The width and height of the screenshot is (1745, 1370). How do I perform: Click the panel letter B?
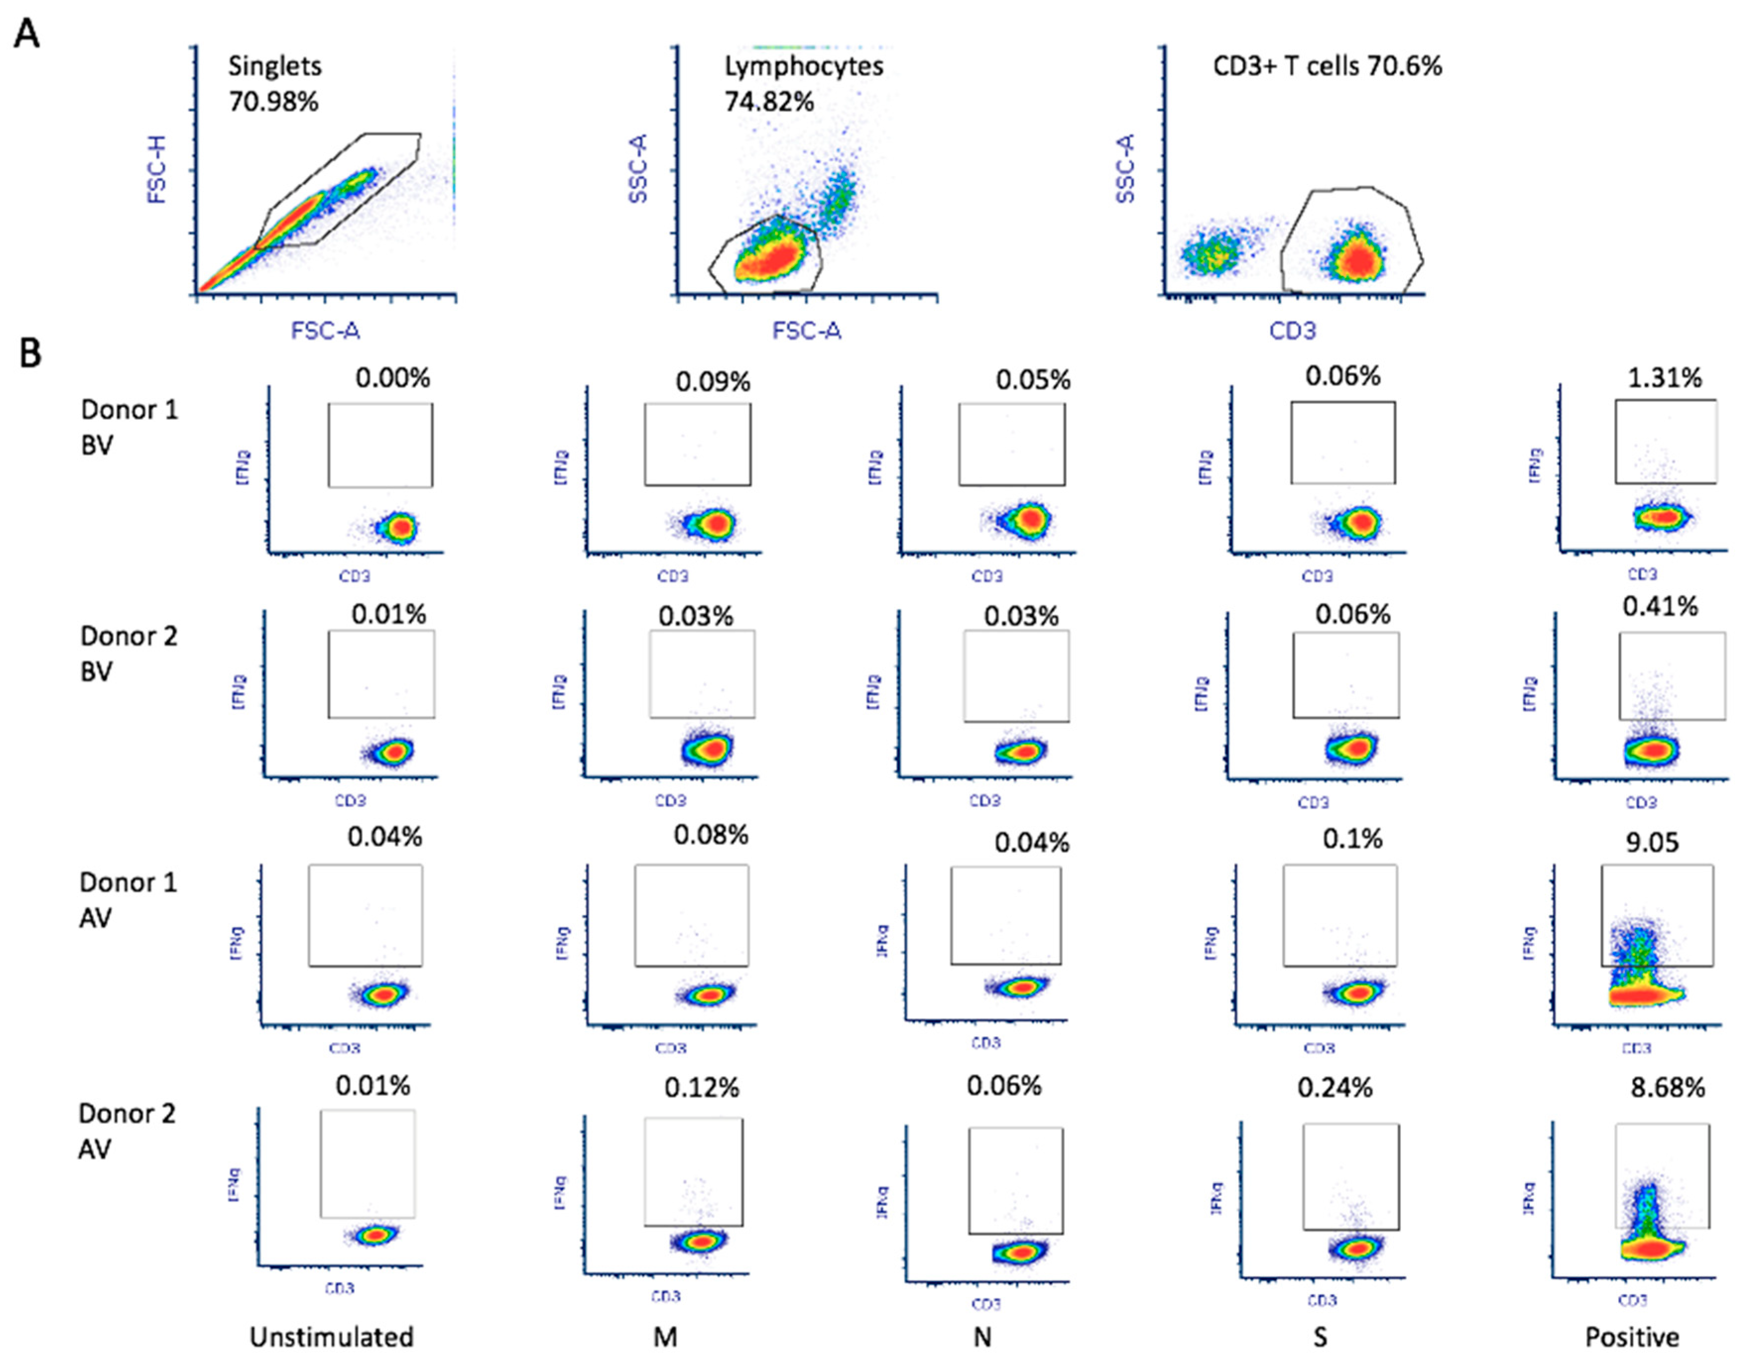pyautogui.click(x=30, y=353)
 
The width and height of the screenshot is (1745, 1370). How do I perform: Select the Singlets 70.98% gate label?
pyautogui.click(x=274, y=83)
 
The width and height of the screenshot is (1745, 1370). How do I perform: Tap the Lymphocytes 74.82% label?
pyautogui.click(x=803, y=83)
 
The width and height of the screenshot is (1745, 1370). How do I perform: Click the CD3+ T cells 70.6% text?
pyautogui.click(x=1327, y=66)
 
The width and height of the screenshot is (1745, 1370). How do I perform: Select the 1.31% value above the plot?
pyautogui.click(x=1664, y=378)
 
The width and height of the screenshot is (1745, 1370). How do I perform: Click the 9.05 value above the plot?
pyautogui.click(x=1652, y=842)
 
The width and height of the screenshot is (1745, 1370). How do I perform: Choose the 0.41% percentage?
pyautogui.click(x=1660, y=606)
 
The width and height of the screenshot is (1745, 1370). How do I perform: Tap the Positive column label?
pyautogui.click(x=1632, y=1337)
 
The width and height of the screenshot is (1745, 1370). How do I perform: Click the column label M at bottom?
pyautogui.click(x=665, y=1337)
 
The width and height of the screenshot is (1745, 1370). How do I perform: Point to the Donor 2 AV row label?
pyautogui.click(x=127, y=1131)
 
